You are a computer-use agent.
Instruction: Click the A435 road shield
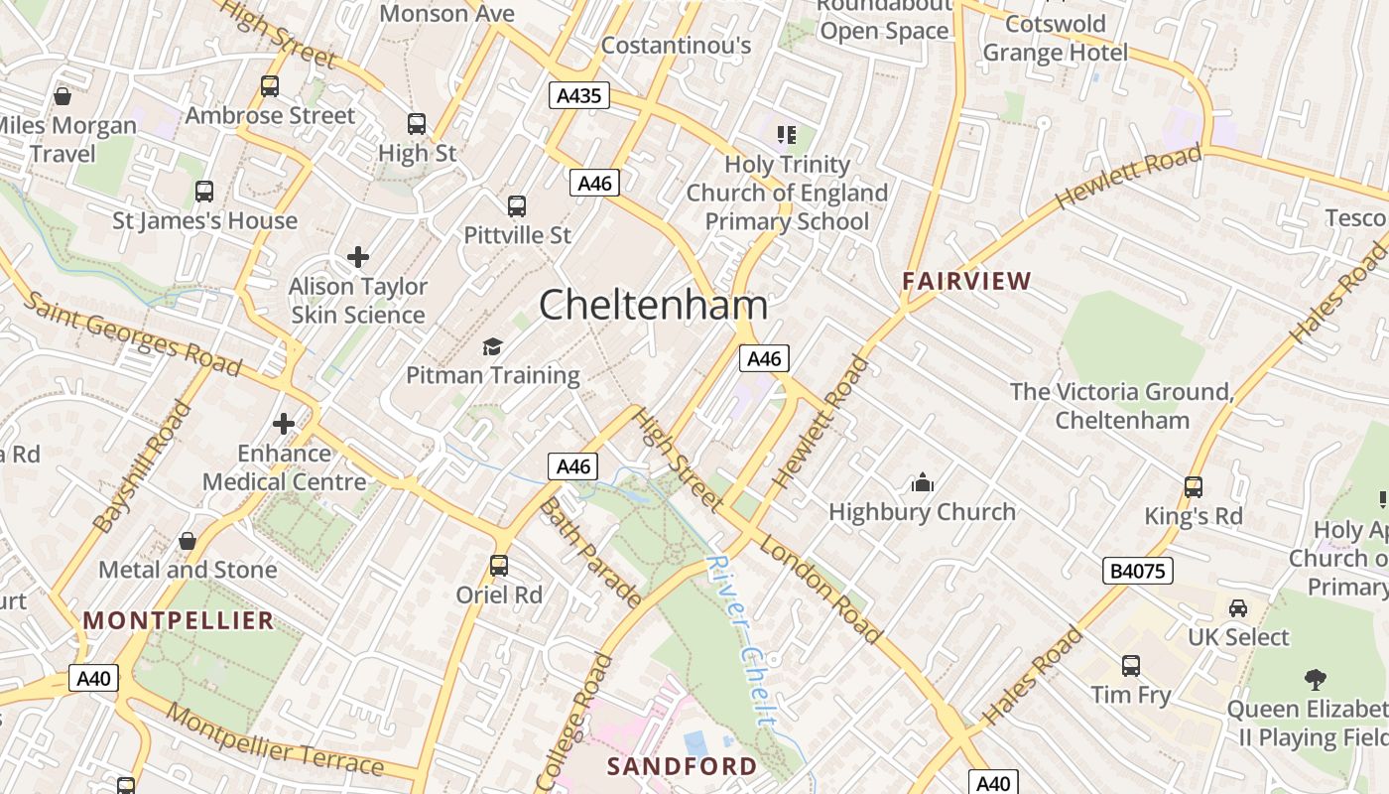coord(578,95)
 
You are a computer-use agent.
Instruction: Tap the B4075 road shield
coord(1138,571)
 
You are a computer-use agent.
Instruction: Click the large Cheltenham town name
coord(653,305)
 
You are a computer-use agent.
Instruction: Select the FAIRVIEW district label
coord(966,281)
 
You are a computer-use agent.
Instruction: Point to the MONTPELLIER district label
coord(178,621)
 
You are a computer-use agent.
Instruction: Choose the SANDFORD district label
coord(682,766)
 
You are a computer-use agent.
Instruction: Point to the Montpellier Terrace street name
coord(275,740)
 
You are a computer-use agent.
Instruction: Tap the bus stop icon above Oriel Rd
coord(499,566)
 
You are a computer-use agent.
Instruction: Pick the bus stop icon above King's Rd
coord(1193,487)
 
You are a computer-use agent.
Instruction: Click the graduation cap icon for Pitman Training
coord(492,346)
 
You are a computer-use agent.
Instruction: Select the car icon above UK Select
coord(1238,608)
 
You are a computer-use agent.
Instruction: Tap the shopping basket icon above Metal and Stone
coord(187,541)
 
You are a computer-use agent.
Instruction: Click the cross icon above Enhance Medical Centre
coord(284,425)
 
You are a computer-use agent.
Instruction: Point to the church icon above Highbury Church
coord(923,483)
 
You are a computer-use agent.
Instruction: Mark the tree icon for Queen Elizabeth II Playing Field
coord(1316,680)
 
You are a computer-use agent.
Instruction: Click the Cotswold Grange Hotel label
coord(1056,38)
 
